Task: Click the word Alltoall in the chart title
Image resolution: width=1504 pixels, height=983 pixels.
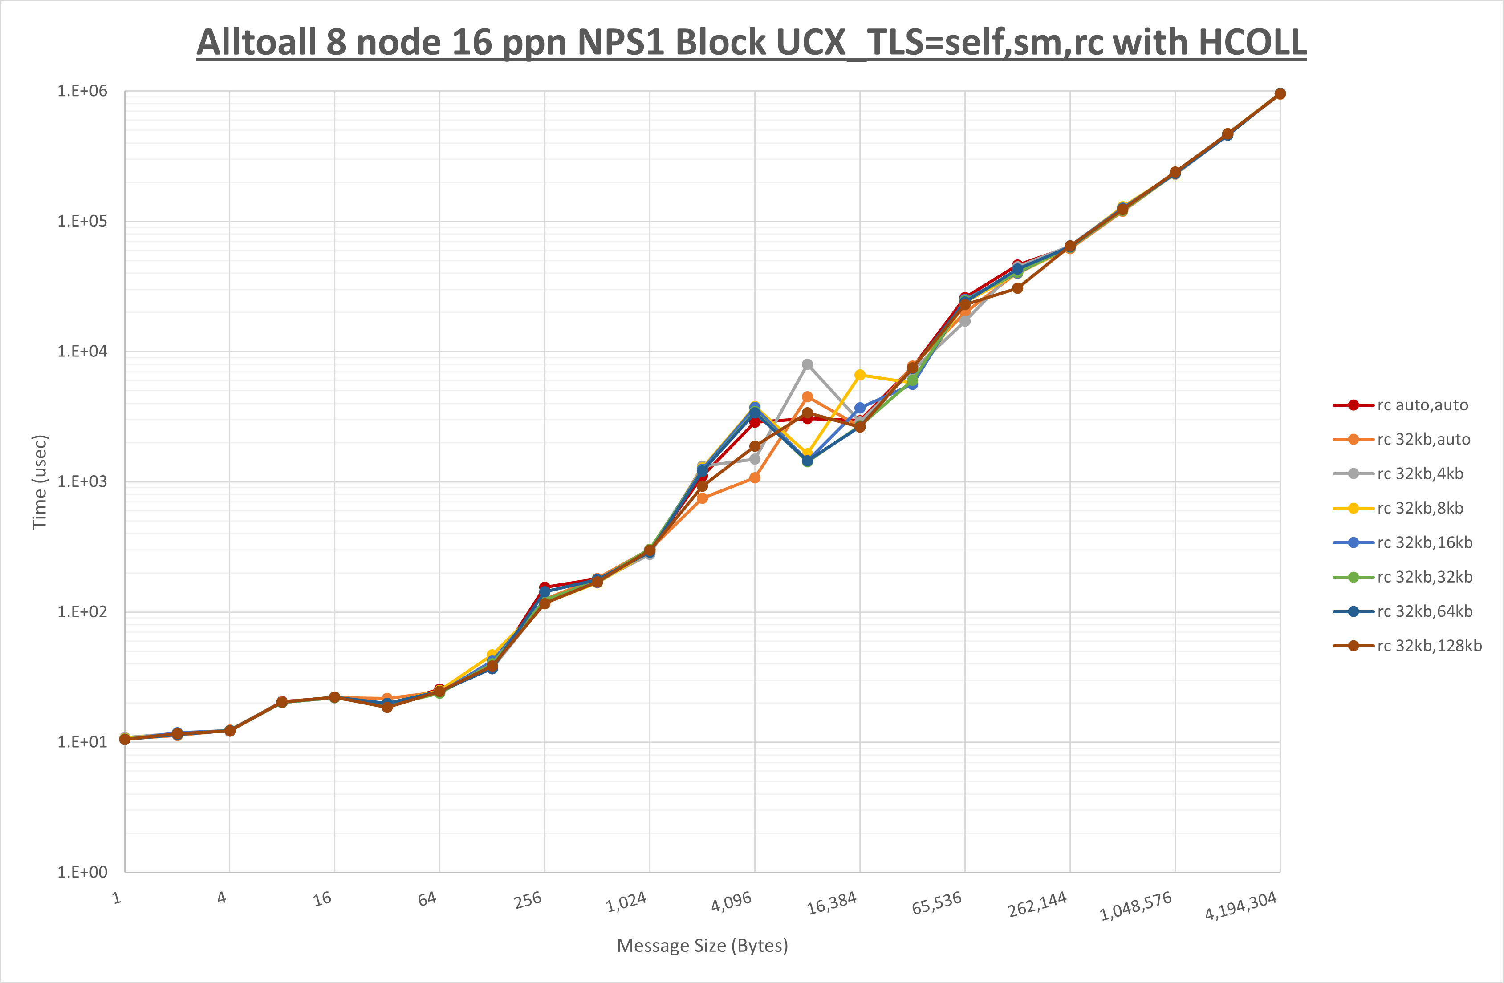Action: click(256, 43)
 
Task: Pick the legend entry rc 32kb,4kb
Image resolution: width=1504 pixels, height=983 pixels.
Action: click(1420, 474)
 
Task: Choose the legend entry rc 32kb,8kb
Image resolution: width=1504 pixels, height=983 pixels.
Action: click(1420, 508)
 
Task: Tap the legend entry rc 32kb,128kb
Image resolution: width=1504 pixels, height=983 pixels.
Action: click(1430, 646)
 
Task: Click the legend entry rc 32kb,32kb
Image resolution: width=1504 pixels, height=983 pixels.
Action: click(1424, 577)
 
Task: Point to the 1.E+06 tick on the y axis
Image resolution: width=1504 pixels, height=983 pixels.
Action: click(82, 91)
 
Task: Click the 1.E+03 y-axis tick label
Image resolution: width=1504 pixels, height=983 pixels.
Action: click(82, 481)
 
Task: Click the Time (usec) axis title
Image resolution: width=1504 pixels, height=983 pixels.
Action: click(39, 481)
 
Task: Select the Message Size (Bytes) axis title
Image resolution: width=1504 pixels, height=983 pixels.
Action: click(702, 946)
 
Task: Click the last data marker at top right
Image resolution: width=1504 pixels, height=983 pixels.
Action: click(1280, 93)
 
